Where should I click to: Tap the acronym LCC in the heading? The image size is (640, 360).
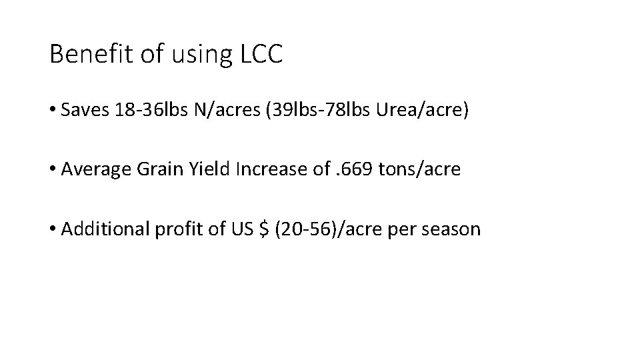[x=260, y=55]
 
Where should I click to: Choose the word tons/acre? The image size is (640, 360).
[x=419, y=169]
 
